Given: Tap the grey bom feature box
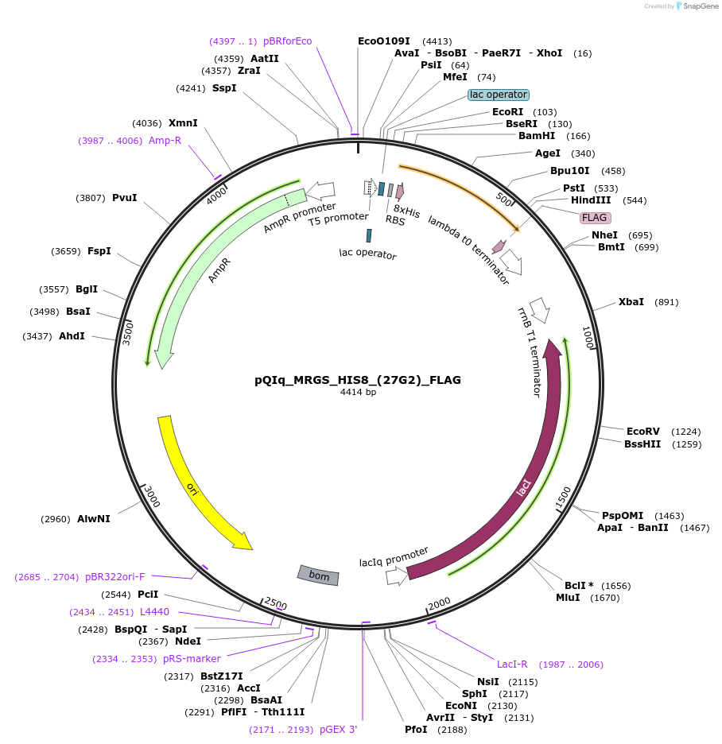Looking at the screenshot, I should click(x=318, y=575).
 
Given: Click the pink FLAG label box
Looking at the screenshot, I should click(x=594, y=217).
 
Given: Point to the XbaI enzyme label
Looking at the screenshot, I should click(x=631, y=302).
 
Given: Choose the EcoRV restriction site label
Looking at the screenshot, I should click(x=643, y=431).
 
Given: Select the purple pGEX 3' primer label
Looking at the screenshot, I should click(x=338, y=729).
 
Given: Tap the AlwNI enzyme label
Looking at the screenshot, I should click(x=94, y=519).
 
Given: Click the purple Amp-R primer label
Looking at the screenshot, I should click(x=165, y=141).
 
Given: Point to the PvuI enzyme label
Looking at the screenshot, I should click(x=124, y=198).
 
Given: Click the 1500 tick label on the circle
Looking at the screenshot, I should click(x=563, y=498).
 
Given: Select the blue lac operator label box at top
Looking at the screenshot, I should click(x=499, y=95).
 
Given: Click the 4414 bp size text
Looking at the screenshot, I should click(x=358, y=393).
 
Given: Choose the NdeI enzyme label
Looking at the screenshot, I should click(x=188, y=641).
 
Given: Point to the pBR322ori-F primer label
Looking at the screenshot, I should click(x=115, y=577).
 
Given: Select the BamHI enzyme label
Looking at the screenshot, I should click(x=537, y=136).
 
